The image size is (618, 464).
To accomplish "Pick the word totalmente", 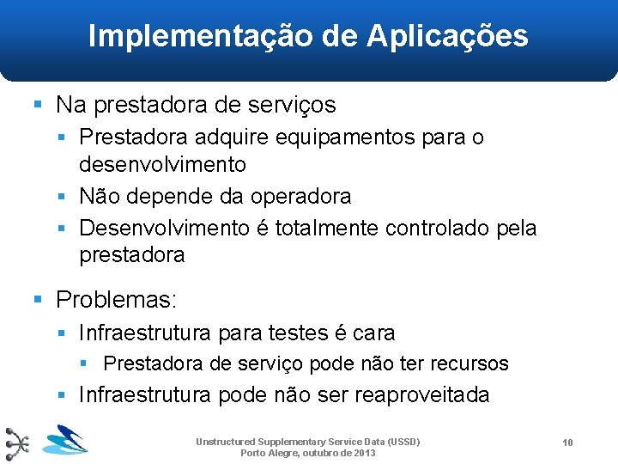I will pyautogui.click(x=328, y=228).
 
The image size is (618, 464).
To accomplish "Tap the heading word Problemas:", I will pyautogui.click(x=116, y=299).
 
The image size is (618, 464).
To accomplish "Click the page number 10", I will pyautogui.click(x=567, y=442).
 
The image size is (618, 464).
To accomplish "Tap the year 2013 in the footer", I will pyautogui.click(x=363, y=452).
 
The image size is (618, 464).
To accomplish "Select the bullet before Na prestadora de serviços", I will pyautogui.click(x=38, y=105).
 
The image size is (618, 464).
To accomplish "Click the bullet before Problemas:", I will pyautogui.click(x=38, y=299).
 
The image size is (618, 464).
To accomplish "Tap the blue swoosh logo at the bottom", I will pyautogui.click(x=65, y=441).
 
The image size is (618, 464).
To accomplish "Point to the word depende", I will pyautogui.click(x=164, y=196).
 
